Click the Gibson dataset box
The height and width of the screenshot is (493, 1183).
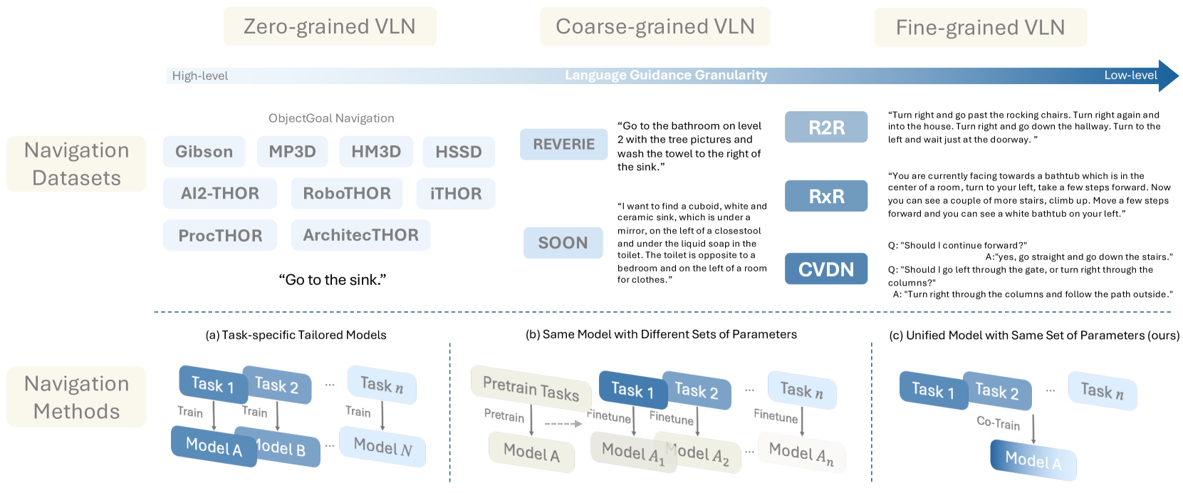(x=204, y=152)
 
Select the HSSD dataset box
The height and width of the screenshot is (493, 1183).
(x=459, y=152)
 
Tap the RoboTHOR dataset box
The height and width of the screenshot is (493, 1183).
(x=347, y=194)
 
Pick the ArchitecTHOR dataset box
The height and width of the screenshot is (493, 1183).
(x=360, y=235)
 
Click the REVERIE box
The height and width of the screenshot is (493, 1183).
(x=563, y=145)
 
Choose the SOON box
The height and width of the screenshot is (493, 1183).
(x=563, y=243)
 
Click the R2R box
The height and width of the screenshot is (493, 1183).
(x=826, y=128)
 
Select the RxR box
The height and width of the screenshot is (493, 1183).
(x=826, y=196)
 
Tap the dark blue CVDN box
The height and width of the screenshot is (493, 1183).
(x=826, y=269)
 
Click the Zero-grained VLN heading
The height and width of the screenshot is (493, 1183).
(x=330, y=26)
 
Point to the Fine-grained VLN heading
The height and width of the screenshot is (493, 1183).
(x=980, y=28)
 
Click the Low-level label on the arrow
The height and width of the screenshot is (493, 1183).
(x=1130, y=76)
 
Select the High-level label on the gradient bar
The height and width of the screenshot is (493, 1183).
(x=200, y=76)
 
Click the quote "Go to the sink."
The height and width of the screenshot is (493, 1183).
(x=332, y=280)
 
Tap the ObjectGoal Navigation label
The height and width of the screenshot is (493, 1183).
(x=331, y=118)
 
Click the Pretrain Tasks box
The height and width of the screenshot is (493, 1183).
(x=531, y=389)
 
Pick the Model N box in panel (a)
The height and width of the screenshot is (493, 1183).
(x=382, y=447)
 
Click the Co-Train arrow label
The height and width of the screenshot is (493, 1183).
(x=998, y=423)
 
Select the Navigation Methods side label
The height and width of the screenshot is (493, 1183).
(x=77, y=398)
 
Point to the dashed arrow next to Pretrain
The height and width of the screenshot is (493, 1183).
(x=563, y=424)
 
